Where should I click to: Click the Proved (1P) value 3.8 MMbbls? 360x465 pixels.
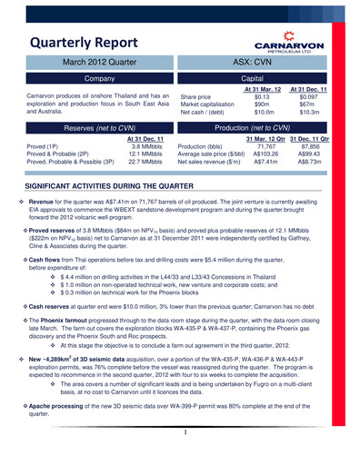pos(145,145)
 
